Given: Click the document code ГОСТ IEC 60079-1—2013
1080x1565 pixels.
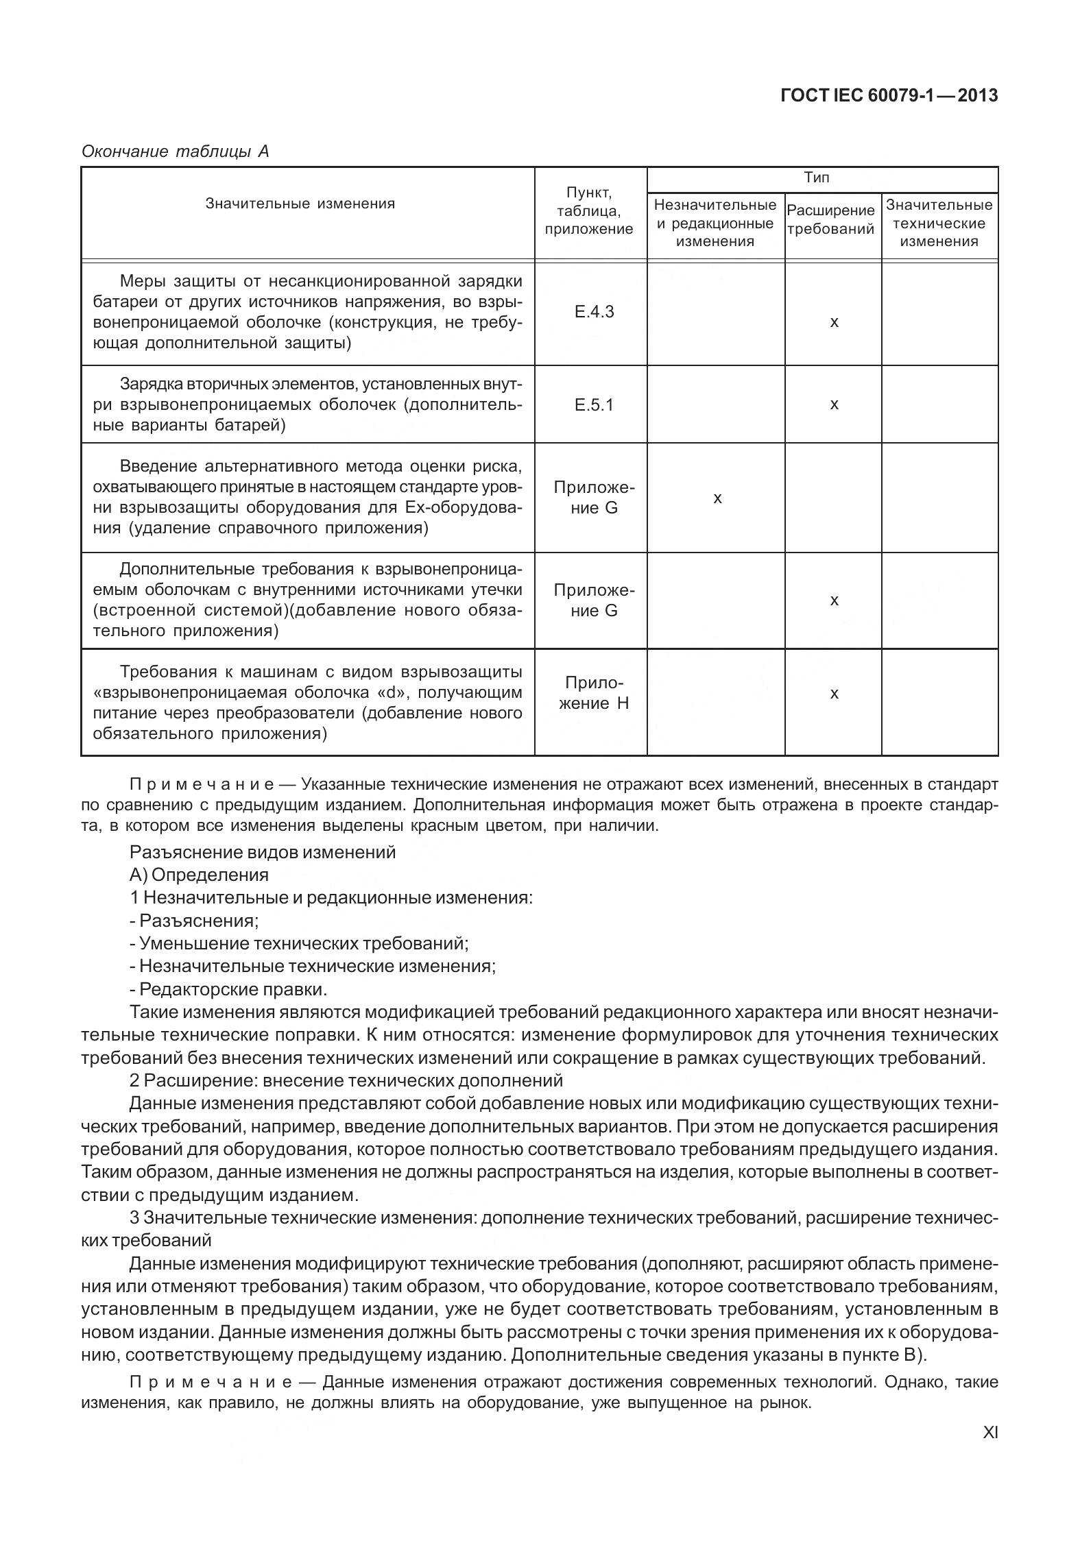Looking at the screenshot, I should tap(889, 96).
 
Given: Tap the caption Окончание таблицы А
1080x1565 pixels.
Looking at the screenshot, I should tap(175, 151).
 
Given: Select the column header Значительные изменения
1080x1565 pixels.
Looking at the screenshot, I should tap(300, 204).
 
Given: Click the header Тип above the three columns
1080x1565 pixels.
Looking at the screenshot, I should tap(817, 178).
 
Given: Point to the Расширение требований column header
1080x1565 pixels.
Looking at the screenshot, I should tap(831, 219).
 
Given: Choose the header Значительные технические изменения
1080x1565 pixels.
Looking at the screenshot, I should tap(939, 223).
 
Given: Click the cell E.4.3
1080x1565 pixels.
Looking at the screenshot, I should tap(594, 313).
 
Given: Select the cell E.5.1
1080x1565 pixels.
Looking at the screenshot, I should tap(594, 405).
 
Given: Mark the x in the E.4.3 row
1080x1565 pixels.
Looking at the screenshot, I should tap(834, 322).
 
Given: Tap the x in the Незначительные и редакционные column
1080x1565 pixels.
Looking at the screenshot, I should tap(717, 498).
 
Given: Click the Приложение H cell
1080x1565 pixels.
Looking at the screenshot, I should tap(594, 693).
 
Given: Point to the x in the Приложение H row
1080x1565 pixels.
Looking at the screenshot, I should tap(834, 694).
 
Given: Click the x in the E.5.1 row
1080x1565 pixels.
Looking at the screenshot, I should tap(834, 404).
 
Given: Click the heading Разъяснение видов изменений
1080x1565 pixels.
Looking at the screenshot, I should tap(263, 852).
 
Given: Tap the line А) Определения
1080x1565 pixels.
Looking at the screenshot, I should tap(199, 875).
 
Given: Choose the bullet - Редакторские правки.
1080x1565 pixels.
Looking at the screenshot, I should tap(228, 989).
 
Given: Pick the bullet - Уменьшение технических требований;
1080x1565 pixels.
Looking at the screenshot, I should tap(299, 943).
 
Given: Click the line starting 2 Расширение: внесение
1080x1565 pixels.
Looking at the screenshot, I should tap(346, 1080).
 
